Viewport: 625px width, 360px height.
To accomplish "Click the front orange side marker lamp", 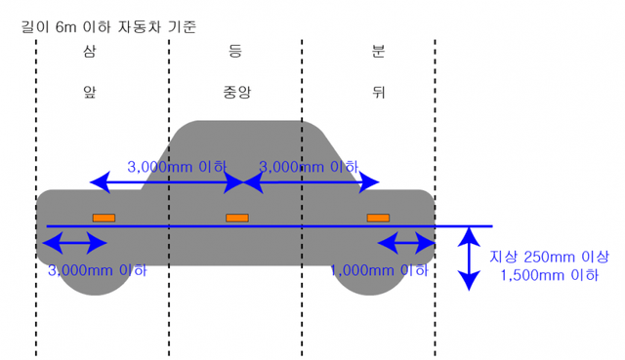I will coord(104,217).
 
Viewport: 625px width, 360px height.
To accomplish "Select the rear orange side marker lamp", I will coord(378,217).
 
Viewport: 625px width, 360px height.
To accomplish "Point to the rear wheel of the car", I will coord(370,278).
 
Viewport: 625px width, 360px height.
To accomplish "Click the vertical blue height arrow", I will coord(470,258).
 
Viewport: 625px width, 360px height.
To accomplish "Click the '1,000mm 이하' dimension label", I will coord(380,270).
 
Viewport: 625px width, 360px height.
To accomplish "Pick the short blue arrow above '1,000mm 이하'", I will coord(405,240).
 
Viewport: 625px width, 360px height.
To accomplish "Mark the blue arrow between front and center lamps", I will coord(167,182).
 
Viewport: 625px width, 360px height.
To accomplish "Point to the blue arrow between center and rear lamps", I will coord(312,182).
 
